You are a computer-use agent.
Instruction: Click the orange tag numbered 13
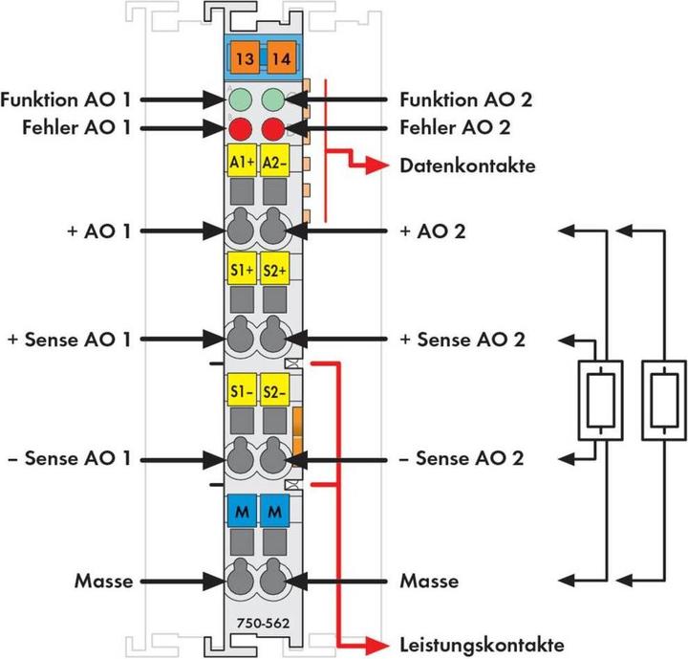242,58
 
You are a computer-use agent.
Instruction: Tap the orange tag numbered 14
279,58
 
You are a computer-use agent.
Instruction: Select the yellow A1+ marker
241,162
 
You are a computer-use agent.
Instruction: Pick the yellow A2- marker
275,162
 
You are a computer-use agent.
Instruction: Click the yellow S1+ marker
241,271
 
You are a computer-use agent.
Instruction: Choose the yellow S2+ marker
275,271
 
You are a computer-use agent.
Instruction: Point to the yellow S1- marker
241,390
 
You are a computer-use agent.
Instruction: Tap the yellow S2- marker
275,390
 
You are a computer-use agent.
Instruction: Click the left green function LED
241,99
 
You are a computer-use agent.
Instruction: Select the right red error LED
275,129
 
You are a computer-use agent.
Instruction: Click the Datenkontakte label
466,165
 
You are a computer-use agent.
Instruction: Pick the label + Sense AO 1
69,339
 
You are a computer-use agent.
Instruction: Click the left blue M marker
241,512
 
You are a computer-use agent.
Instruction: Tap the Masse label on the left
105,580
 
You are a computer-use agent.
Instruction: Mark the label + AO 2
434,231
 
